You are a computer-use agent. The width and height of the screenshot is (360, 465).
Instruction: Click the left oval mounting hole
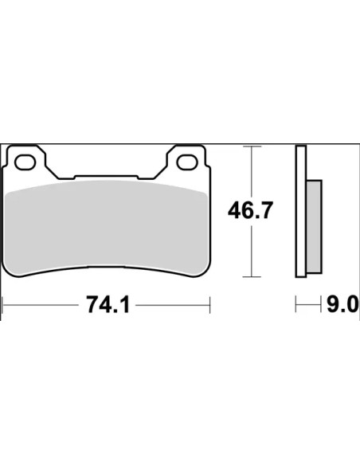point(25,162)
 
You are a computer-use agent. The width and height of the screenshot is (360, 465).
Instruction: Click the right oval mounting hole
point(187,162)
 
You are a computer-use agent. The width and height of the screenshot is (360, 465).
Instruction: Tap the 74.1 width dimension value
point(108,305)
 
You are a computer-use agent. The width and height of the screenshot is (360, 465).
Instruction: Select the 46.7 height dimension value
point(249,210)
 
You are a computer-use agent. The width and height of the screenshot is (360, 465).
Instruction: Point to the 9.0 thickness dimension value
point(342,304)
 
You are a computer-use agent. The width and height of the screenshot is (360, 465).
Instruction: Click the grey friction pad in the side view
point(314,227)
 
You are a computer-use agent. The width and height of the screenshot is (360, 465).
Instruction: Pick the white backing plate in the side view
point(301,212)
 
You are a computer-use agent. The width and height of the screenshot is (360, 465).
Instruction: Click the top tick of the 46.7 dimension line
point(252,147)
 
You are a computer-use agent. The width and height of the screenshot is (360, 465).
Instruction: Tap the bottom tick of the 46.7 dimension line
point(252,277)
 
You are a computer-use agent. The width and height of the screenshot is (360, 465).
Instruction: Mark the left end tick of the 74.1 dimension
point(2,305)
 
